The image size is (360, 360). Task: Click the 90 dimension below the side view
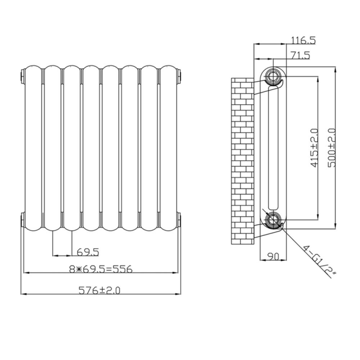click(x=273, y=256)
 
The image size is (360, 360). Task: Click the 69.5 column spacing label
click(x=88, y=251)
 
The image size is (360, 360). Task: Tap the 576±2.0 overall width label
click(x=100, y=291)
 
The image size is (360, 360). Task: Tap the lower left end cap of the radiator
click(x=22, y=220)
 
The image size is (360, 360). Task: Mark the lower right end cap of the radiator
click(x=179, y=220)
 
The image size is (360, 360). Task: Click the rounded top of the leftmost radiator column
click(x=33, y=69)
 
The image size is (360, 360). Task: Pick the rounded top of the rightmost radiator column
click(x=169, y=69)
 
